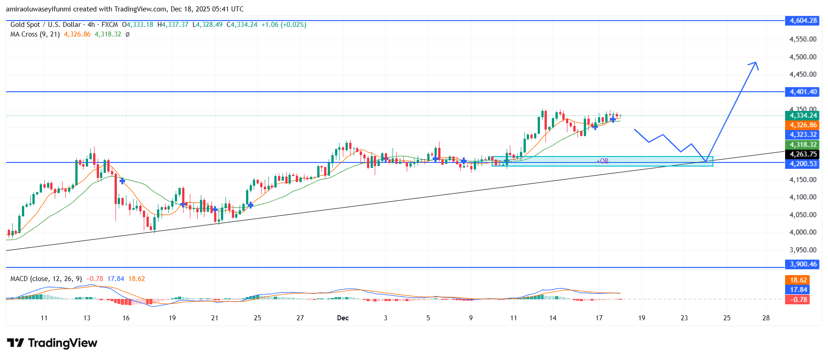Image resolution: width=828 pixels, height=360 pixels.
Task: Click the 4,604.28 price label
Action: point(803,21)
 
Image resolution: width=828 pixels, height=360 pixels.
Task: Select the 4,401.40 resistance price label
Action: point(803,92)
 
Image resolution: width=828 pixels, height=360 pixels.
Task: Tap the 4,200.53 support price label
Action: point(803,164)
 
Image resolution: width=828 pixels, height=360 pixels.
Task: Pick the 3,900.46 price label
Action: point(803,264)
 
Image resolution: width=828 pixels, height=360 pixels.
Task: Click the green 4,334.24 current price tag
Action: point(803,115)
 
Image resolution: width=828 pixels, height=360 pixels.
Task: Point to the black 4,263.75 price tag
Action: point(803,154)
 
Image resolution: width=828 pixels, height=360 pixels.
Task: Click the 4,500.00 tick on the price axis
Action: point(803,57)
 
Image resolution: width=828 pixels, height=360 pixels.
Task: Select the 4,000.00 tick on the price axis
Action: point(803,232)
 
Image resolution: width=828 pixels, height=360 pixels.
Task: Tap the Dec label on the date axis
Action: point(343,318)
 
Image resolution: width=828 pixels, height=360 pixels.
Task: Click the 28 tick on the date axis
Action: point(766,318)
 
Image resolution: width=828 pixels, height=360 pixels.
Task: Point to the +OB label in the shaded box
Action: point(603,161)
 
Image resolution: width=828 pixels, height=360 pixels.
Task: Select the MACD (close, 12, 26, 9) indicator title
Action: point(46,279)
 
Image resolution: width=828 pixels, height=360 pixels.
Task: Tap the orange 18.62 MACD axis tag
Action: point(798,280)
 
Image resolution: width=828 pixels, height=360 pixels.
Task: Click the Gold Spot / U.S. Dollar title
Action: point(46,25)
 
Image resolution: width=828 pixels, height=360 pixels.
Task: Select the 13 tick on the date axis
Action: point(87,318)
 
